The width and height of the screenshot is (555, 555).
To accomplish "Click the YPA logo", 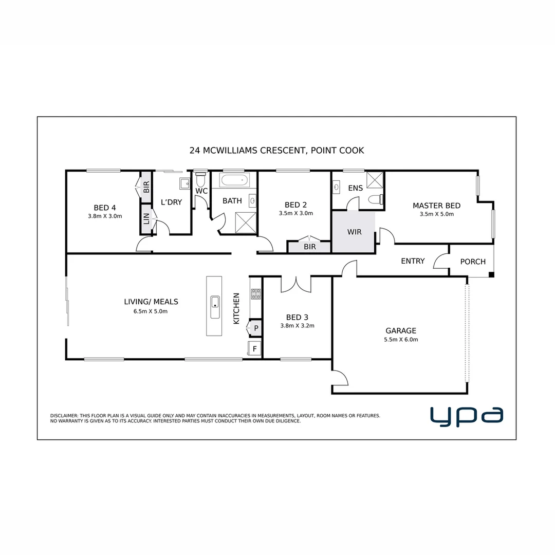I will coord(466,416).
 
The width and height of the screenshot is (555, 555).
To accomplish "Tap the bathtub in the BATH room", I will coord(234,181).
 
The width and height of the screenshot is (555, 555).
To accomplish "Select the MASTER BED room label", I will coord(436,206).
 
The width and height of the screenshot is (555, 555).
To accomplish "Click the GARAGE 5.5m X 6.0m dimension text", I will coord(401,340).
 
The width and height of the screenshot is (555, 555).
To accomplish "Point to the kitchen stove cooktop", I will coord(255,294).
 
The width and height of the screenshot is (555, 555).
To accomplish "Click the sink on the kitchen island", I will coord(215,307).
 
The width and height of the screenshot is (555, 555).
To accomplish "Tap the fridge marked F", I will coord(254,349).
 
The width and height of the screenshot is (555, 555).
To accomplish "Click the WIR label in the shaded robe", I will coord(354,232).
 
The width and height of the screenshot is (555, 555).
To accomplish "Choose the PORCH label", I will coord(473,262).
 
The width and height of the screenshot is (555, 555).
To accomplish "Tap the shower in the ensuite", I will coord(375,180).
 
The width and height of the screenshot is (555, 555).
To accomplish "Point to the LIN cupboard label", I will coord(146,219).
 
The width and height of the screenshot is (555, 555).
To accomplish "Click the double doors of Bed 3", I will coord(296,284).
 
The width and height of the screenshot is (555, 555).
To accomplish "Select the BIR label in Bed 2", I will coord(309,247).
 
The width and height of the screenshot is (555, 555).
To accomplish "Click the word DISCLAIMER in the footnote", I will coord(64,415).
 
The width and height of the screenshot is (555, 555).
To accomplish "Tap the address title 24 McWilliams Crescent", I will coord(276,151).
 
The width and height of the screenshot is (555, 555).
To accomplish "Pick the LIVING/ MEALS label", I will coord(151,302).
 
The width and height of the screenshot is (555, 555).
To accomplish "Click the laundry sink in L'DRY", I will coord(184,183).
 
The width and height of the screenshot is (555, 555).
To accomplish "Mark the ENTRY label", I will coord(413,261).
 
